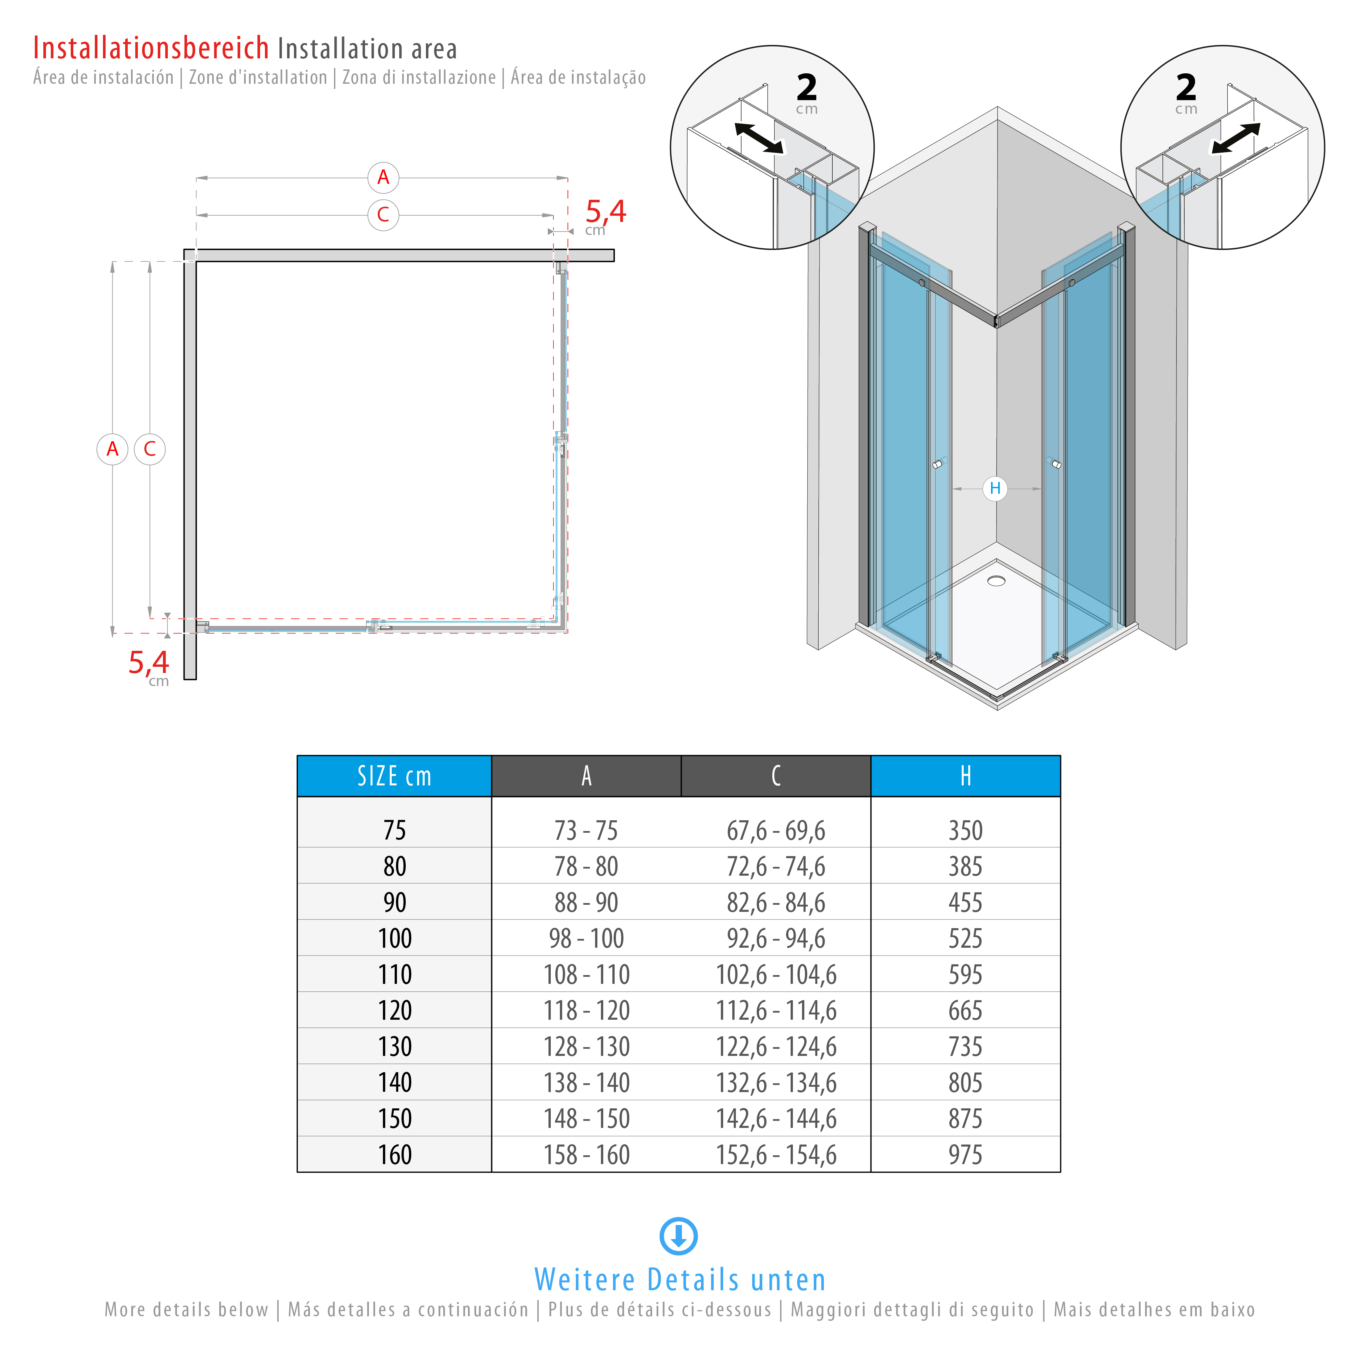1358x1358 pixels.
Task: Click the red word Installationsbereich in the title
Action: click(151, 49)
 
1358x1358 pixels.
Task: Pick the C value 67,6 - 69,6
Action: click(776, 831)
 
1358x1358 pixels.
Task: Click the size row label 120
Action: click(394, 1011)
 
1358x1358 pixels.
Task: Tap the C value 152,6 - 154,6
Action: click(776, 1155)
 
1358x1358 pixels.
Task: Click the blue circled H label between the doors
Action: click(995, 489)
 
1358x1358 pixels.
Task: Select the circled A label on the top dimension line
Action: click(383, 177)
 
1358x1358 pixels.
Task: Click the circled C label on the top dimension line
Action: click(383, 214)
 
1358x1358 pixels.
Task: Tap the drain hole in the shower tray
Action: click(996, 581)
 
